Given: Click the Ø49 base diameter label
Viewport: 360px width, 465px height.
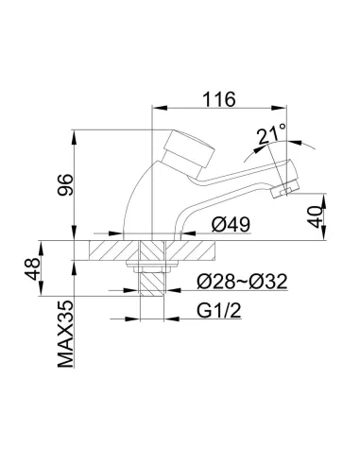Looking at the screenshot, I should pos(231,225).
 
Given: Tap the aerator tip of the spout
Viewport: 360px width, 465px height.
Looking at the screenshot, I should pos(279,193).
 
